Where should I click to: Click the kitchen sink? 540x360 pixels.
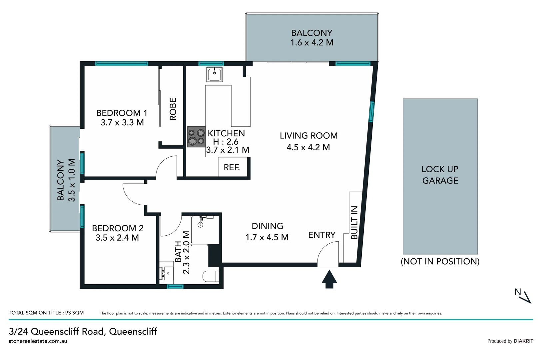click(x=214, y=74)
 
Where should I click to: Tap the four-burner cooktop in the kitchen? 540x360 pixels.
click(x=196, y=137)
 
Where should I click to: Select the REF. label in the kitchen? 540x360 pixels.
click(x=232, y=167)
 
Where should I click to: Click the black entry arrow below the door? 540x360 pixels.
click(x=329, y=279)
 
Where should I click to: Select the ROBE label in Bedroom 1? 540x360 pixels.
click(x=173, y=109)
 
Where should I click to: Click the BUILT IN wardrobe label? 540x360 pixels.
click(x=354, y=222)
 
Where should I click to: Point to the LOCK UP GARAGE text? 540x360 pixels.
click(x=440, y=175)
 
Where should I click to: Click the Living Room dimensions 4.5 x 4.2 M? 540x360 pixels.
click(x=308, y=147)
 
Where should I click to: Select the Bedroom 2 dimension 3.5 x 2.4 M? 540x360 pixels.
click(x=117, y=238)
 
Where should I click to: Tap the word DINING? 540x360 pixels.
click(x=267, y=226)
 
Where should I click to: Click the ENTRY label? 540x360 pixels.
click(x=321, y=235)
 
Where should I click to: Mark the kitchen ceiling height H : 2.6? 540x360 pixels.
click(x=226, y=142)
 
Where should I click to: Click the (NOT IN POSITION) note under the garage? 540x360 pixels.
click(x=440, y=261)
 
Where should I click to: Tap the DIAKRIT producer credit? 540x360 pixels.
click(x=523, y=341)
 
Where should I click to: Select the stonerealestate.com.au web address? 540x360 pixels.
click(x=38, y=341)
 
